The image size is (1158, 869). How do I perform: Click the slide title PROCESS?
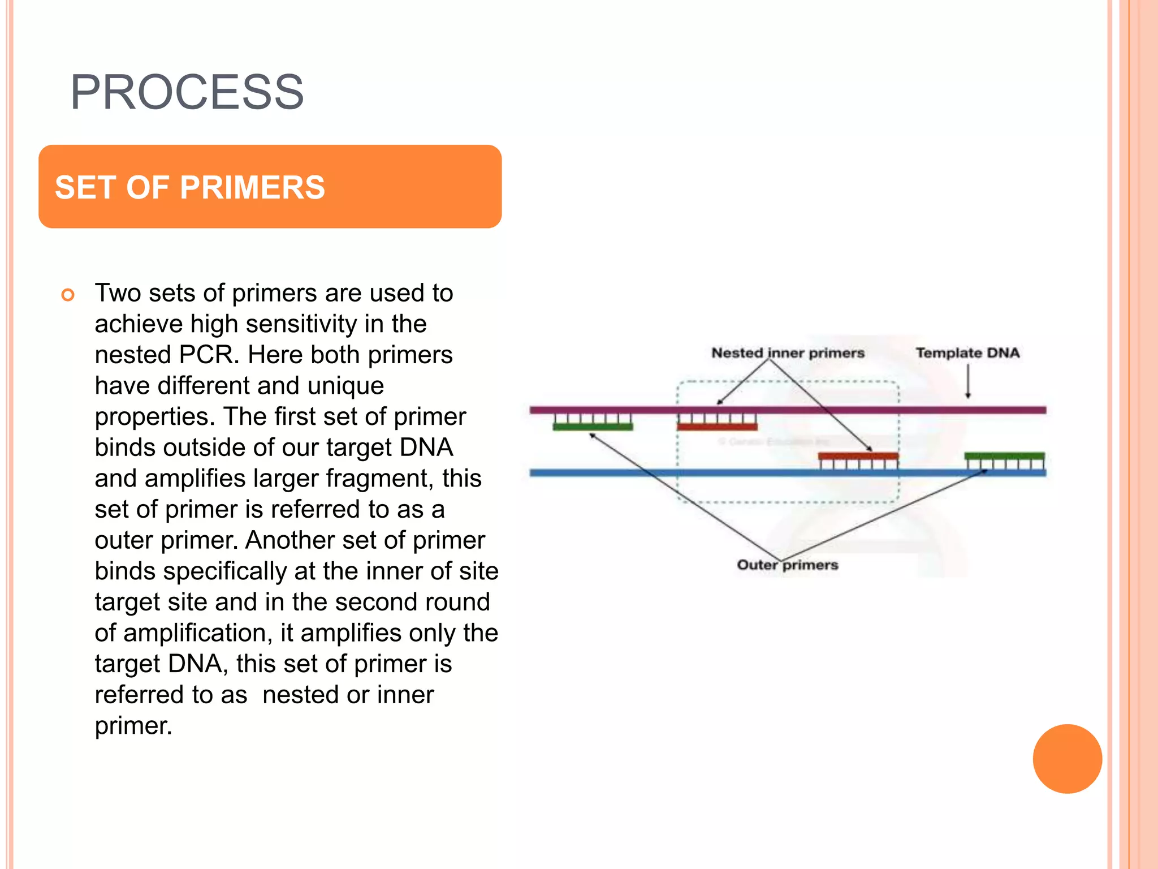pyautogui.click(x=187, y=92)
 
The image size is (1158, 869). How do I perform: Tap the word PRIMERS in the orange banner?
pyautogui.click(x=252, y=187)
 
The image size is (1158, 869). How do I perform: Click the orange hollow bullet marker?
pyautogui.click(x=68, y=295)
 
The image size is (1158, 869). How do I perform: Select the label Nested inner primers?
pyautogui.click(x=788, y=353)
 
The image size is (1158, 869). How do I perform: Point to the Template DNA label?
pyautogui.click(x=967, y=353)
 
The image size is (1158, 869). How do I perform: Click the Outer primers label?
pyautogui.click(x=788, y=565)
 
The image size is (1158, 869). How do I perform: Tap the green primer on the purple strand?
pyautogui.click(x=592, y=427)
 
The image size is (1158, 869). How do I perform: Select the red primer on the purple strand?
pyautogui.click(x=717, y=427)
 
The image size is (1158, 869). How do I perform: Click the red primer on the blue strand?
pyautogui.click(x=858, y=456)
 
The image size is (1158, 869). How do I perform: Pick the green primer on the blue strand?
pyautogui.click(x=1004, y=456)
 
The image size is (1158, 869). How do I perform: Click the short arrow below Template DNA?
pyautogui.click(x=968, y=381)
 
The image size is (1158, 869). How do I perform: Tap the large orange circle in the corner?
pyautogui.click(x=1067, y=759)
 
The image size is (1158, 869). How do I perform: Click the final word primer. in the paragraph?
pyautogui.click(x=133, y=726)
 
